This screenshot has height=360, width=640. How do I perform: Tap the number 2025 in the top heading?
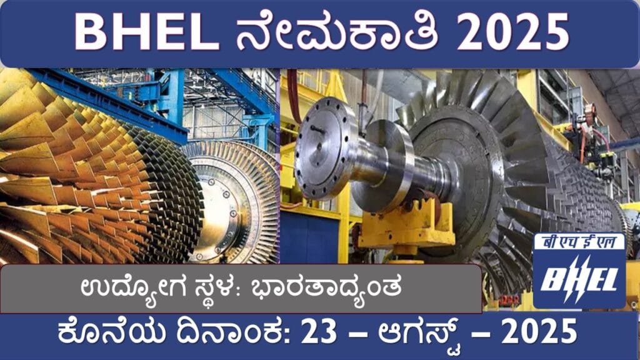(x=513, y=32)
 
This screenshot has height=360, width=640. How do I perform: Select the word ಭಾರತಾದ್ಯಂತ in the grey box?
(x=325, y=287)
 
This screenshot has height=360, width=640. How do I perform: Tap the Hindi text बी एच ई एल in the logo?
(x=579, y=242)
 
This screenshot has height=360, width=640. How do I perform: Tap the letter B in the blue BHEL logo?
(x=551, y=279)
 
